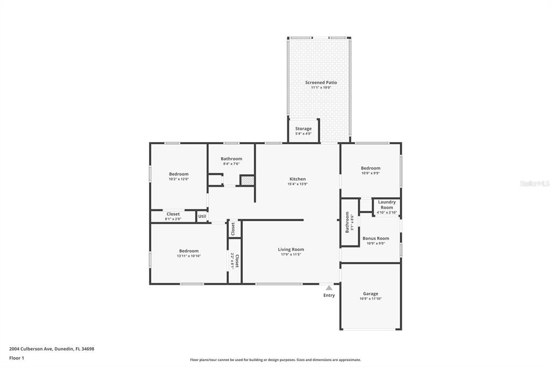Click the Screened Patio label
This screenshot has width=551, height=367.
pos(321,82)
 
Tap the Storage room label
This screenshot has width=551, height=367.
pos(303,129)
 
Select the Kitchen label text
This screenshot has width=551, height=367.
pos(298,179)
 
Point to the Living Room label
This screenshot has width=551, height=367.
pos(291,249)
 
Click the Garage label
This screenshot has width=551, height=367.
pos(370,294)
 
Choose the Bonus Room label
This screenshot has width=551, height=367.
pos(376,238)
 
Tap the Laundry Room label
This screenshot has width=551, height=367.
pos(387,204)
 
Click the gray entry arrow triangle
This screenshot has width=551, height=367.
pos(329,288)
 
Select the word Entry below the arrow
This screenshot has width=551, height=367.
pos(329,295)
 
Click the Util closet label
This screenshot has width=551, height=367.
pos(202,216)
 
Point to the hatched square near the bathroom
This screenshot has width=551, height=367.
pos(247,181)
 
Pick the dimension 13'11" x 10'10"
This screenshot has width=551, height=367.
pos(189,256)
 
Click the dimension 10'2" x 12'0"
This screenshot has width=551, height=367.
pos(179,179)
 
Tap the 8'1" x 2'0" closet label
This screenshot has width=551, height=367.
pos(173,219)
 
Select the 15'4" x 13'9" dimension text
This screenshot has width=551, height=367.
pos(298,185)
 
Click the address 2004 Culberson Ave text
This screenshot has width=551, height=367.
pos(52,349)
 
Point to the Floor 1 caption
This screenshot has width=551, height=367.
pos(17,358)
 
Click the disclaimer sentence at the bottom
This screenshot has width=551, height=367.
pos(275,360)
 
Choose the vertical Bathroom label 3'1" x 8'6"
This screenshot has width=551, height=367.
pos(348,224)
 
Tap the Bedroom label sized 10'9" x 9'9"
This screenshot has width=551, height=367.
pos(370,168)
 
